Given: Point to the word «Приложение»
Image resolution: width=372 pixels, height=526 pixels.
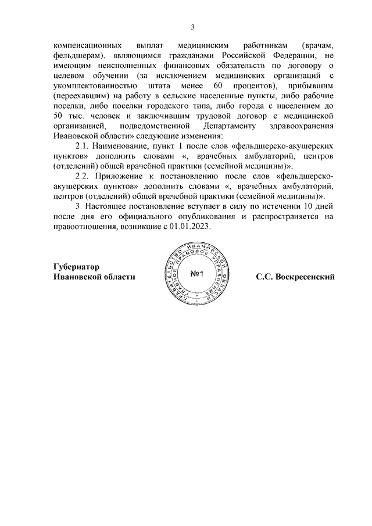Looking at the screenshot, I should [124, 175].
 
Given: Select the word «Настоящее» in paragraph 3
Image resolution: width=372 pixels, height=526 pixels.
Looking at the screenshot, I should [113, 206].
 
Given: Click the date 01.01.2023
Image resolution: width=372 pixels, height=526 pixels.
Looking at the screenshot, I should [189, 228].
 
